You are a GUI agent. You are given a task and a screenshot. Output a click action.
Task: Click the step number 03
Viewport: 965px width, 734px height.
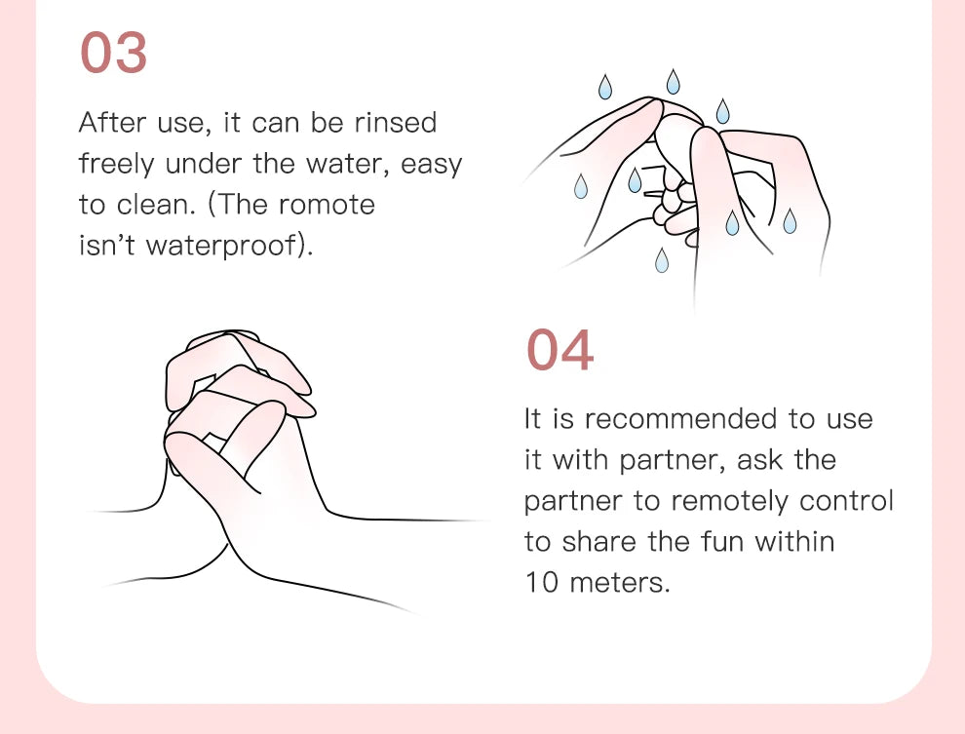[114, 53]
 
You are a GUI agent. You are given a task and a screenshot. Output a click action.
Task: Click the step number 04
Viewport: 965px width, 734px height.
[560, 350]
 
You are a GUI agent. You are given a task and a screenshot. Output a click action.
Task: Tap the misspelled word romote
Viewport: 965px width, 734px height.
[327, 205]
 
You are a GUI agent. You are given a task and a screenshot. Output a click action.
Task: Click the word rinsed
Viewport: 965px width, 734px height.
[396, 123]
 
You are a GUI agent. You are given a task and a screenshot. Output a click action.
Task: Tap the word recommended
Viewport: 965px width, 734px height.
[680, 419]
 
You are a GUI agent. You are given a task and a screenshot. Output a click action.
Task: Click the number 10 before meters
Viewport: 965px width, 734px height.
[542, 583]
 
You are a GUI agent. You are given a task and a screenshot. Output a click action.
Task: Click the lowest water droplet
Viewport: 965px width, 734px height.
[662, 260]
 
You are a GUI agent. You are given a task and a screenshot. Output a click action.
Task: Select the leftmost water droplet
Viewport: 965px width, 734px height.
[580, 186]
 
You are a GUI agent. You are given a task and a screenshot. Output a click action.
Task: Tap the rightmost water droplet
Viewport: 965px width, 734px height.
[790, 221]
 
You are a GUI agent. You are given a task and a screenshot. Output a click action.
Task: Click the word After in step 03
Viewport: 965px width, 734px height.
[112, 123]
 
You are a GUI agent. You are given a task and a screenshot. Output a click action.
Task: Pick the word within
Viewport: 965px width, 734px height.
[794, 542]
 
